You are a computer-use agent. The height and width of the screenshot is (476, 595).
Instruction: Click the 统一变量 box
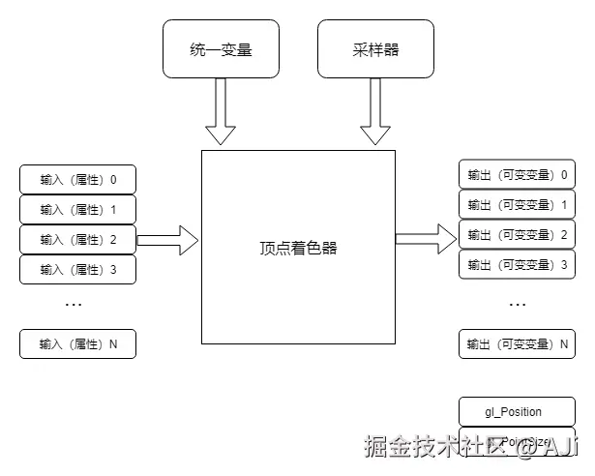[x=221, y=49]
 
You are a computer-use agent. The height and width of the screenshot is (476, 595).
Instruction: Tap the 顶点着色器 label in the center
[x=298, y=248]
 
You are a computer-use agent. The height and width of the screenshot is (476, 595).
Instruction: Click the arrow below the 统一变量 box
[x=221, y=111]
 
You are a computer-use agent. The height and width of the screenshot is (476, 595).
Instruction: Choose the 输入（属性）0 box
[x=78, y=180]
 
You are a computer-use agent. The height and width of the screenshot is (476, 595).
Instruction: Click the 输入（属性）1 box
[x=78, y=209]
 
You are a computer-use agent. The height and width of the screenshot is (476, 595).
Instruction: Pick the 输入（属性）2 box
[x=78, y=239]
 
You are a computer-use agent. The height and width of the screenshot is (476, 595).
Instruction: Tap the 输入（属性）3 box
[x=78, y=269]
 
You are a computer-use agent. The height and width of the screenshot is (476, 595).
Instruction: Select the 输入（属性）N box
[x=78, y=343]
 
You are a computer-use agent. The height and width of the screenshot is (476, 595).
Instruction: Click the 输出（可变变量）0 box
[x=517, y=175]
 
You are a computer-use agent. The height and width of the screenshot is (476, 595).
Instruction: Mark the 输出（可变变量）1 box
[x=517, y=204]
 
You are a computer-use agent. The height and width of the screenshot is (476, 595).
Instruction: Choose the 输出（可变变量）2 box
[x=517, y=234]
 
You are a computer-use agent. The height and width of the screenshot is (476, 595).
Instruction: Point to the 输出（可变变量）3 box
[x=517, y=264]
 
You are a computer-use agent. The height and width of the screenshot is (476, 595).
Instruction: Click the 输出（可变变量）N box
[x=517, y=343]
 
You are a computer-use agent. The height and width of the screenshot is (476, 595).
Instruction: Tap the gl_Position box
[x=514, y=412]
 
